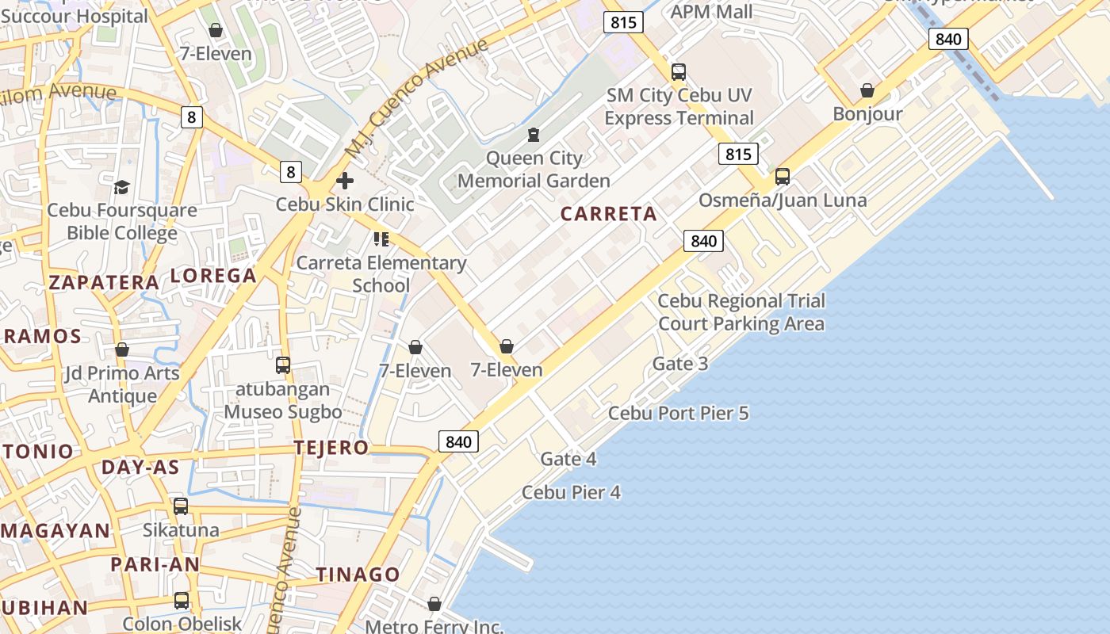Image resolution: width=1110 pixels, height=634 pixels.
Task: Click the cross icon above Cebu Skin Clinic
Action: (x=345, y=181)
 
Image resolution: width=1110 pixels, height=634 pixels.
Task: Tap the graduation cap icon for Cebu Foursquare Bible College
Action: (x=121, y=187)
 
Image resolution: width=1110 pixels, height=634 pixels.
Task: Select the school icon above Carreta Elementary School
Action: (x=381, y=239)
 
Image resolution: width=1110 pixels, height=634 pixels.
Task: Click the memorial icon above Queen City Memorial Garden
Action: (x=534, y=135)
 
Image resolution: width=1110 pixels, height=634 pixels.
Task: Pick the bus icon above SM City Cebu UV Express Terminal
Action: (x=679, y=72)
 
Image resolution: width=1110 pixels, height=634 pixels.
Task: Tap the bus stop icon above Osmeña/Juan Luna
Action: (x=783, y=177)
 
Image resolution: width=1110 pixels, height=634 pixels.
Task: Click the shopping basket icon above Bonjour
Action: (x=867, y=90)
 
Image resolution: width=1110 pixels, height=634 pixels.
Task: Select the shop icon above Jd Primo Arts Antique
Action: (x=122, y=349)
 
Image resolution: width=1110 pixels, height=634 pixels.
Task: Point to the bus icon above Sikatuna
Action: (x=181, y=506)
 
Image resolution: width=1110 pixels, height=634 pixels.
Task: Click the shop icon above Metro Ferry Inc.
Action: (x=434, y=604)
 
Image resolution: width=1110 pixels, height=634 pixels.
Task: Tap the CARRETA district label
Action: (x=609, y=214)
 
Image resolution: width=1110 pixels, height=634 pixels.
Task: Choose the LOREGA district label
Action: (x=213, y=276)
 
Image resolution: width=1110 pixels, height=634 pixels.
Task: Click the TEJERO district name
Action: (x=331, y=448)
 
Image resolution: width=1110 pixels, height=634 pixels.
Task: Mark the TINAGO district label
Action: (x=358, y=575)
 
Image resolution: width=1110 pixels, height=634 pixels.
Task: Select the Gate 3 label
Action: (x=680, y=364)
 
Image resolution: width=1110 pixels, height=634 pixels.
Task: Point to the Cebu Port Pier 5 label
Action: (x=678, y=413)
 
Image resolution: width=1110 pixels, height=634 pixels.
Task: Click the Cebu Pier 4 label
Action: (x=571, y=492)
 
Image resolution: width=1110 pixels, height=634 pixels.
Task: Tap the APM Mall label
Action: (x=712, y=12)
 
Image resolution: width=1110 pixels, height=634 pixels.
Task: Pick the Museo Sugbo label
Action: (x=283, y=412)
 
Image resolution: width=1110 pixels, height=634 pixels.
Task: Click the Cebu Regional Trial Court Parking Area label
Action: (x=741, y=312)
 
